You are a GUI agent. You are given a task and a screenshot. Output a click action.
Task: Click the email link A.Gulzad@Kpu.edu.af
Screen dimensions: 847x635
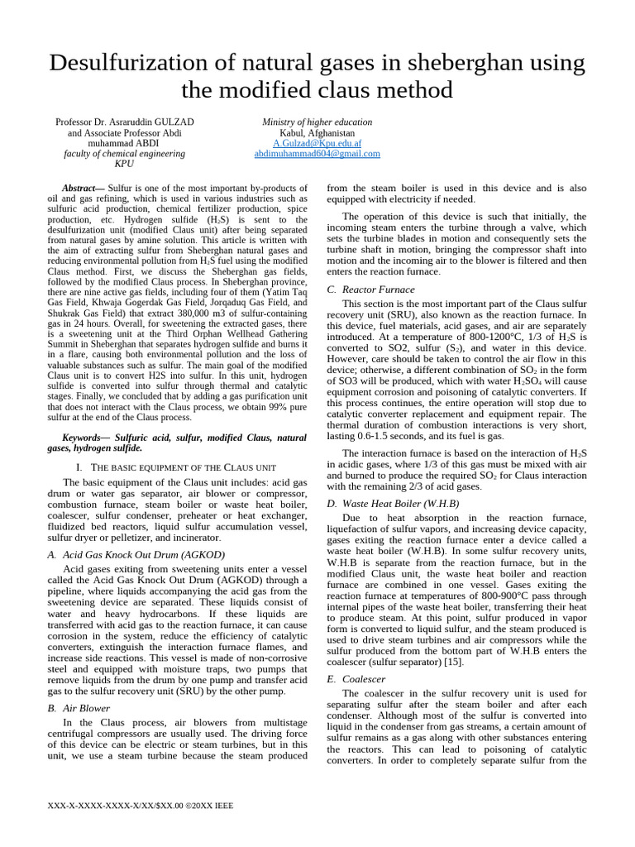tap(317, 143)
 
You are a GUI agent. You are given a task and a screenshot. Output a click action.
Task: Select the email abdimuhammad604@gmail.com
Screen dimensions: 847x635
tap(317, 154)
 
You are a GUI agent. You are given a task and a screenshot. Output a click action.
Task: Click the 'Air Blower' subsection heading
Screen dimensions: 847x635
tap(86, 708)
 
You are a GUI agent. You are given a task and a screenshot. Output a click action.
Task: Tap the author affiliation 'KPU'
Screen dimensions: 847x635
tap(125, 164)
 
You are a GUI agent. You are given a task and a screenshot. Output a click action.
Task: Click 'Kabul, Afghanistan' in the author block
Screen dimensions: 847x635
tap(317, 132)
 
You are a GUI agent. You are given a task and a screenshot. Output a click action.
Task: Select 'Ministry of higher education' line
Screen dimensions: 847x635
tap(317, 122)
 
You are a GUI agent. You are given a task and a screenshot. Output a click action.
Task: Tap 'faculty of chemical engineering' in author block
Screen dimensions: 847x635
tap(125, 154)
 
